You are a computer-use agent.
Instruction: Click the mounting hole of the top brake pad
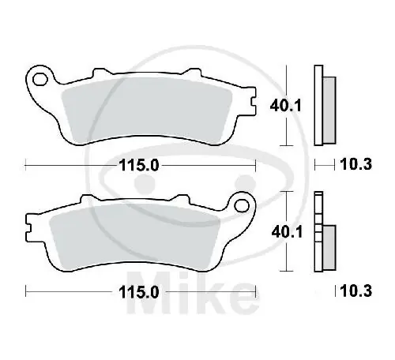point(39,79)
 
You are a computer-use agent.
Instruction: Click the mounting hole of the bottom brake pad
point(242,205)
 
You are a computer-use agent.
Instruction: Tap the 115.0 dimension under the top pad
point(139,166)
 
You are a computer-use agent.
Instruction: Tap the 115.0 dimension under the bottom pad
point(139,292)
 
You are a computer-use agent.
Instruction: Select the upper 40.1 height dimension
point(286,106)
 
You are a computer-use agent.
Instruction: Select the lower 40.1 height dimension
point(287,232)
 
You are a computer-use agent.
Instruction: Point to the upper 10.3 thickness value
point(356,164)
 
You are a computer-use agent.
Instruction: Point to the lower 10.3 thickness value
point(356,291)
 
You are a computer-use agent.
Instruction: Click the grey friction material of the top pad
point(146,111)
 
